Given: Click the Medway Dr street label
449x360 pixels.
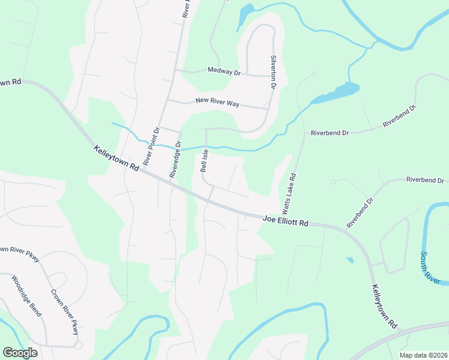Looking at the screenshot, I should pyautogui.click(x=224, y=71).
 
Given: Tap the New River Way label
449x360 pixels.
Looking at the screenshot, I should pyautogui.click(x=217, y=103).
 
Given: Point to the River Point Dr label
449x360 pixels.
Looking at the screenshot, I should pyautogui.click(x=151, y=146).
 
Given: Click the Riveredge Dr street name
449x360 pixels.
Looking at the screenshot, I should pyautogui.click(x=175, y=160).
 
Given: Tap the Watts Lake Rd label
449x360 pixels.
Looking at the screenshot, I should pyautogui.click(x=289, y=194).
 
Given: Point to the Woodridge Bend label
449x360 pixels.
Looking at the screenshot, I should pyautogui.click(x=27, y=295).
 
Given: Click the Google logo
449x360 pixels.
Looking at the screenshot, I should pyautogui.click(x=20, y=353).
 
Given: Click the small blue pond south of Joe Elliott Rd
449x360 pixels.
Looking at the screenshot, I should pyautogui.click(x=349, y=260).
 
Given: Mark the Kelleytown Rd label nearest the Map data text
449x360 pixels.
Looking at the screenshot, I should pyautogui.click(x=385, y=307).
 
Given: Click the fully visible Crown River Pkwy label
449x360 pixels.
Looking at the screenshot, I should pyautogui.click(x=65, y=314).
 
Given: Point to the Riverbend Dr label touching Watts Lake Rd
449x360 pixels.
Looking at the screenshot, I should pyautogui.click(x=329, y=133).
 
